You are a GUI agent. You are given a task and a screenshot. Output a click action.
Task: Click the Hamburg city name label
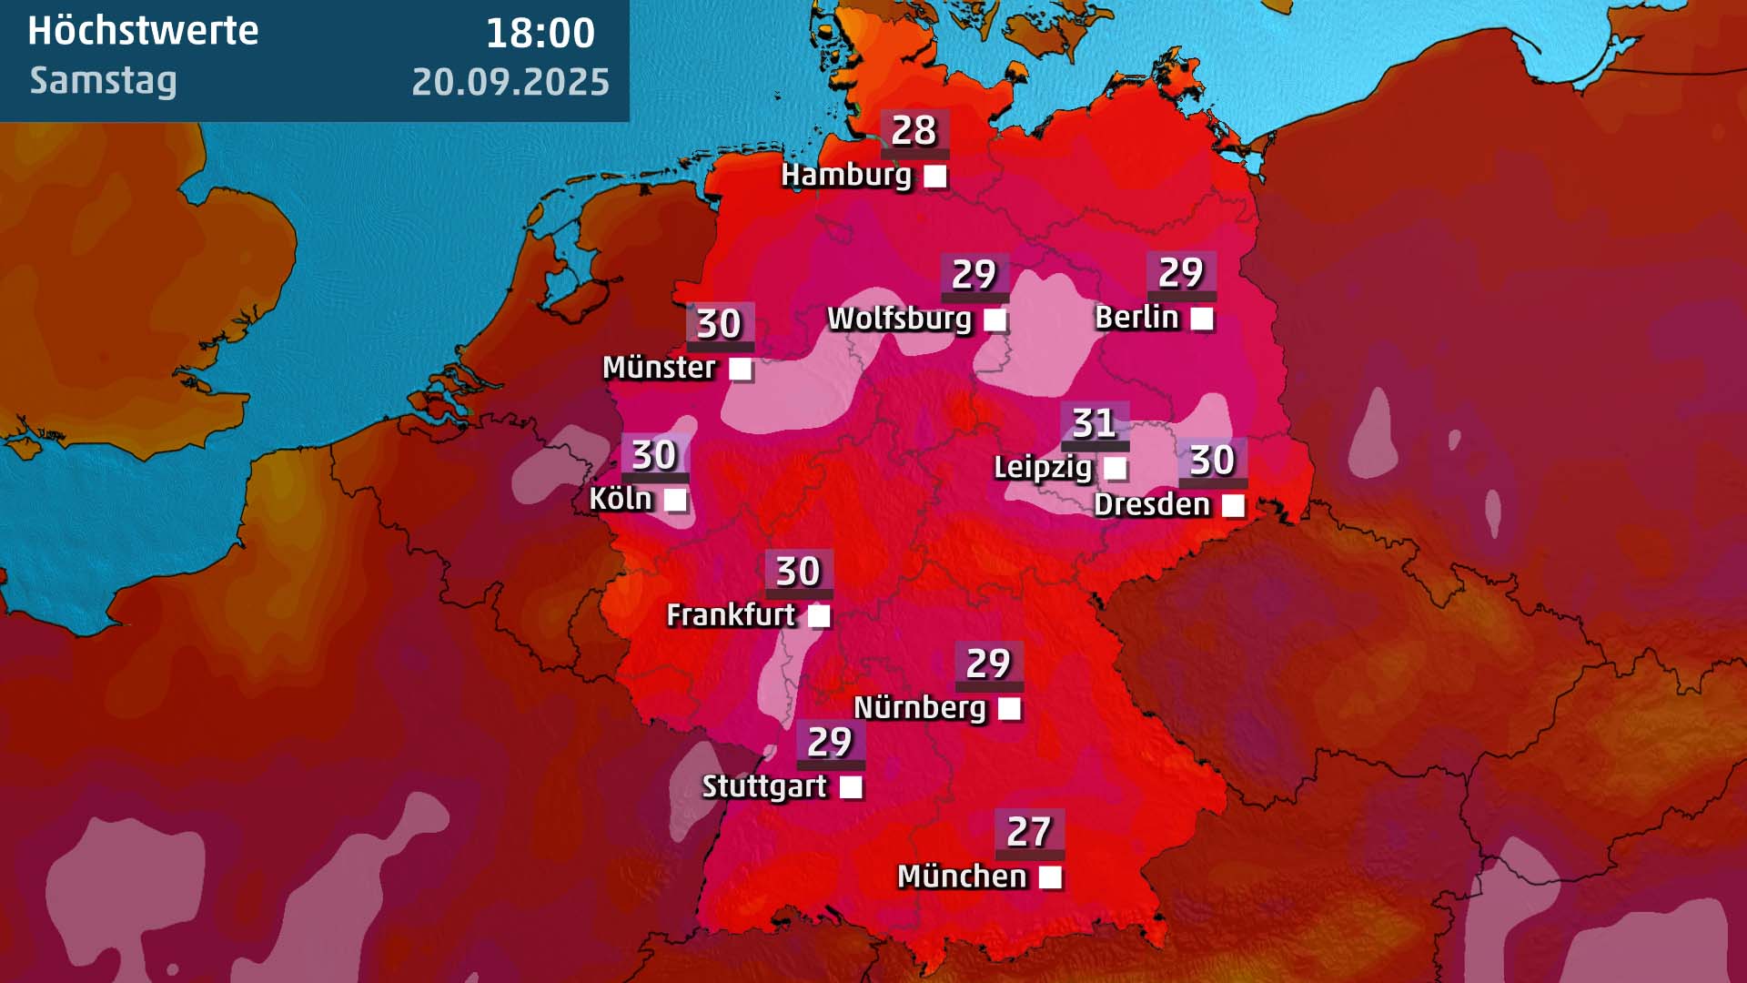pos(845,175)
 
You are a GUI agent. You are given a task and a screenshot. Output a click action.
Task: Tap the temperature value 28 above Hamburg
pos(914,131)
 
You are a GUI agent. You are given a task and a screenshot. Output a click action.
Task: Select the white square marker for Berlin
pos(1201,319)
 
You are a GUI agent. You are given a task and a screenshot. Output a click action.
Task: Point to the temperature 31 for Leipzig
pos(1094,423)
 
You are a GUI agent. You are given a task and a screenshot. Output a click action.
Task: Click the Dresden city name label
pos(1152,504)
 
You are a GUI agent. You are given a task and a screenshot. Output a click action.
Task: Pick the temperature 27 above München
pos(1029,831)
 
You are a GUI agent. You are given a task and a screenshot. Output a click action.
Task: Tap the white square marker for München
pos(1050,877)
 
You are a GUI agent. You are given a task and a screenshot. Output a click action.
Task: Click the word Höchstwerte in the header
pos(143,31)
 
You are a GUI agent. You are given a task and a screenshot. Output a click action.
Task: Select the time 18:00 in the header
pos(540,34)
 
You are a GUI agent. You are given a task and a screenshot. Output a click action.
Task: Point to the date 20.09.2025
pos(510,82)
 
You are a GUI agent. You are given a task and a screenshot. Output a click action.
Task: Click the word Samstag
pos(103,81)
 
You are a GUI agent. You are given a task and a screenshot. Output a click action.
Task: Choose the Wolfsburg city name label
pos(899,319)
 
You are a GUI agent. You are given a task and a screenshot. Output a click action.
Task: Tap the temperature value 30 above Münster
pos(719,324)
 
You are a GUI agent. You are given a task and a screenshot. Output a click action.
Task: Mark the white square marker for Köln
pos(675,500)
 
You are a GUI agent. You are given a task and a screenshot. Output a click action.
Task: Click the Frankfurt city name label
pos(731,615)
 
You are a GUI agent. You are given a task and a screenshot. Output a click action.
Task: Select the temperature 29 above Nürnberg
pos(988,664)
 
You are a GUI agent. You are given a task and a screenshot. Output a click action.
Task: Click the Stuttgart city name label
pos(764,786)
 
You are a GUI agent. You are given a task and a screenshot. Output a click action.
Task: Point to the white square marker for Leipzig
pos(1115,469)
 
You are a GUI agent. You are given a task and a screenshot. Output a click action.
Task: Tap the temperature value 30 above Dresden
pos(1212,461)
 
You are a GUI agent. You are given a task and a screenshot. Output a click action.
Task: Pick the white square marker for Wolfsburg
pos(995,320)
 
